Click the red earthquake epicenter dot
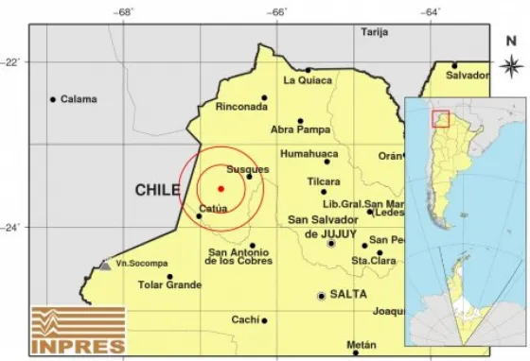coord(220,189)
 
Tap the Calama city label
coord(80,99)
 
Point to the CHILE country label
coord(157,190)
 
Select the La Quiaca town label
coord(309,81)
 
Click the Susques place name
coord(249,169)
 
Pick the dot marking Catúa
coord(199,216)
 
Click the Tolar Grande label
coord(170,284)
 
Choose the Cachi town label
coord(244,319)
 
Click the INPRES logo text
coord(78,346)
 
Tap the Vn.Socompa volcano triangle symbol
coord(103,266)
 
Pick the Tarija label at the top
coord(375,31)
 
